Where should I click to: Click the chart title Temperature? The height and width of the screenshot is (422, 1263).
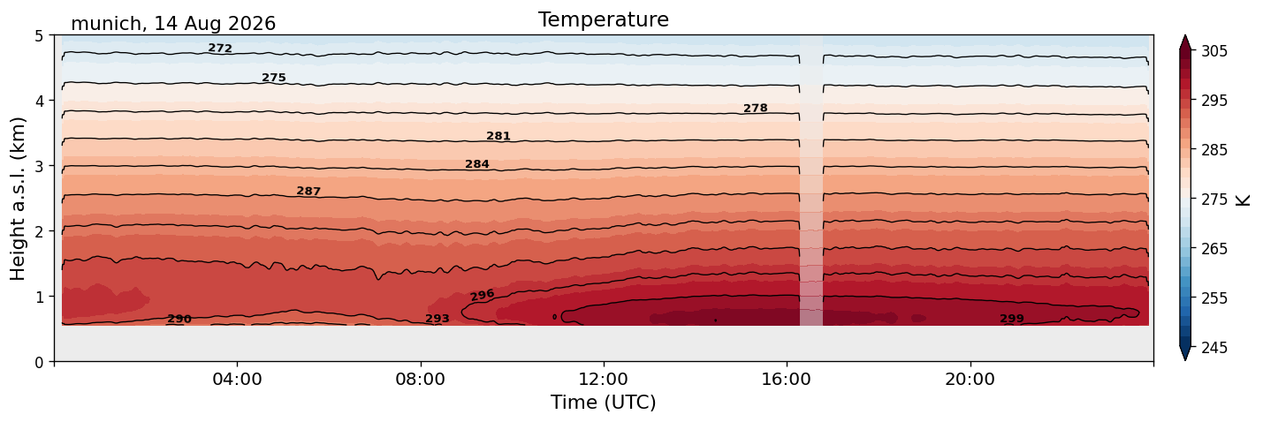[x=604, y=19]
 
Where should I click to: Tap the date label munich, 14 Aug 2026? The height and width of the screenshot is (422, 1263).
[x=173, y=24]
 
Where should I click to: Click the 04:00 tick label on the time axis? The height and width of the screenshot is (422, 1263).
[x=238, y=379]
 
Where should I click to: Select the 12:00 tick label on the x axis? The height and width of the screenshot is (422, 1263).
[x=604, y=379]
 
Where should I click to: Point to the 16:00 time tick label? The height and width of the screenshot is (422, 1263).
[x=787, y=379]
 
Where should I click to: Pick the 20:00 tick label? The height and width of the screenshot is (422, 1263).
[x=970, y=379]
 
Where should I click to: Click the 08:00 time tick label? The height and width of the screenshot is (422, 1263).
[x=421, y=379]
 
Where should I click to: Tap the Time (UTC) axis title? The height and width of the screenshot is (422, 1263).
[x=604, y=403]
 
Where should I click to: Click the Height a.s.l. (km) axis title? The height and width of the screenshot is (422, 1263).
[x=18, y=199]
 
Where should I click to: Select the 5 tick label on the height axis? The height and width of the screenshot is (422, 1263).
[x=39, y=36]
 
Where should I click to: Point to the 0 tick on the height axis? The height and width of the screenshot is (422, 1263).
[x=39, y=362]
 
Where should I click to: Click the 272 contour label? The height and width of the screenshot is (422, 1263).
[x=220, y=49]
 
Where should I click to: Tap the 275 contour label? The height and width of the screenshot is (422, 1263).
[x=274, y=78]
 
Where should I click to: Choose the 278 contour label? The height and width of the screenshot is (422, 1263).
[x=756, y=109]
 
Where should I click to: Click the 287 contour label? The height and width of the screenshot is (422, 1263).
[x=308, y=192]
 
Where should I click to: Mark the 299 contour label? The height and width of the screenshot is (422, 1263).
[x=1012, y=319]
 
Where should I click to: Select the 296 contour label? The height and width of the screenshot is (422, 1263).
[x=482, y=295]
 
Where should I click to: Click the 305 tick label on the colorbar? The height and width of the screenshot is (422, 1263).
[x=1214, y=51]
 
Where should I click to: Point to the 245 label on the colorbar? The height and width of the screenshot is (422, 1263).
[x=1214, y=348]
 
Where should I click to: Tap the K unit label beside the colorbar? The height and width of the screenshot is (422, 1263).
[x=1243, y=200]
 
